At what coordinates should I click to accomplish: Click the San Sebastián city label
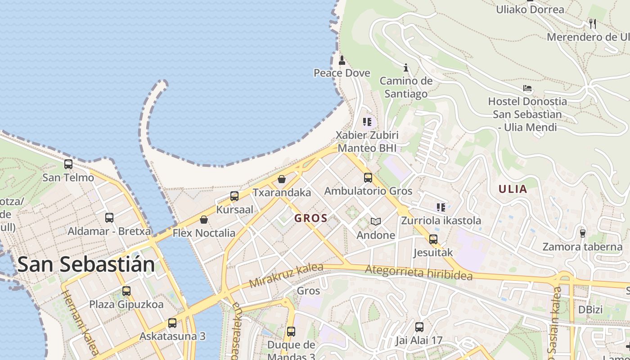coord(86,264)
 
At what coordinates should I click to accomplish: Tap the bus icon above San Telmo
coord(68,165)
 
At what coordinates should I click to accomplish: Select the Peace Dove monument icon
coord(342,60)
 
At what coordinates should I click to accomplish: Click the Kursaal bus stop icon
coord(234,196)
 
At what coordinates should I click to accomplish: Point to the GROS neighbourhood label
coord(311,219)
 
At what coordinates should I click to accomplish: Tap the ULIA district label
coord(513,189)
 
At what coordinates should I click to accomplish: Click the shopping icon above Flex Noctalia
coord(204,220)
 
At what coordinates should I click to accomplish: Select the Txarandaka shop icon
coord(282,179)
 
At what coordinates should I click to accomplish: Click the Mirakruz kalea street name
coord(286,275)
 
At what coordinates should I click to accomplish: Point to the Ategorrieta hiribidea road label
coord(419,272)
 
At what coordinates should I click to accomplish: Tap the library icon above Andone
coord(376,221)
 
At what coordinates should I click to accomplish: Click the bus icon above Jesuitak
coord(433,239)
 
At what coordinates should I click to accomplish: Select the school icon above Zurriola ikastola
coord(441,207)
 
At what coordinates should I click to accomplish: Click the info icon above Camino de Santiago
coord(406,67)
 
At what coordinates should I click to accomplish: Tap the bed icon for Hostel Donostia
coord(527,88)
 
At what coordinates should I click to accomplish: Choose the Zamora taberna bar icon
coord(583,233)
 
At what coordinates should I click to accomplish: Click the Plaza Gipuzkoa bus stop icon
coord(126,291)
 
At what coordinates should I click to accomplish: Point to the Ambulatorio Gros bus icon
coord(368,178)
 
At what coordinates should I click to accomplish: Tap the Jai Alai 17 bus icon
coord(419,327)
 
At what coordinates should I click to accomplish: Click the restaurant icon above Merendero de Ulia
coord(593,23)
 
